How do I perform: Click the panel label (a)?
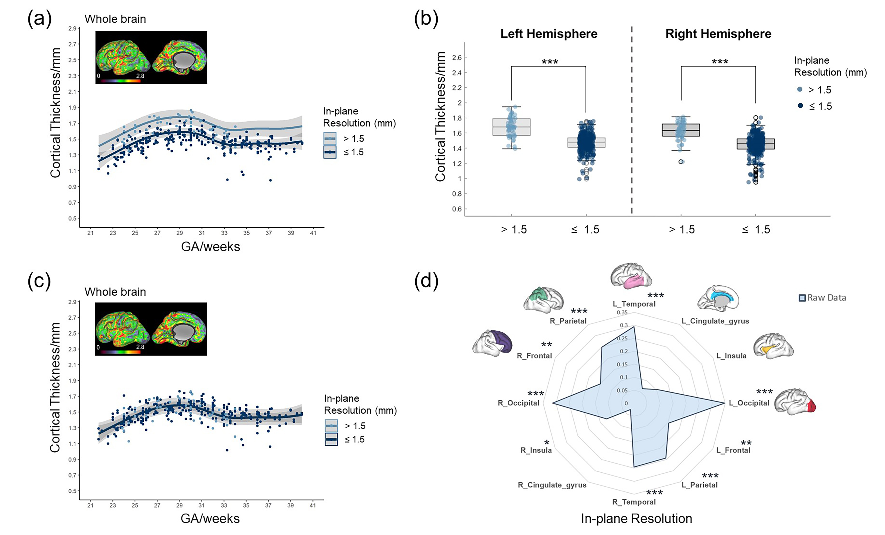click(40, 19)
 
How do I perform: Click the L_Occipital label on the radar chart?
click(749, 403)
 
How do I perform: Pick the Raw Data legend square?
click(802, 298)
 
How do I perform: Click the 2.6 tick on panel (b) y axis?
click(457, 58)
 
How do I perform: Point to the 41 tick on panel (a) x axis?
click(313, 233)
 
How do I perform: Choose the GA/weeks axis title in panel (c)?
click(210, 518)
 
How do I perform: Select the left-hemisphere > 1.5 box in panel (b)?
click(511, 127)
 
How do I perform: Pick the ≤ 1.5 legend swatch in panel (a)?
click(330, 152)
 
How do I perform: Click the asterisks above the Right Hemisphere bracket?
click(720, 62)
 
